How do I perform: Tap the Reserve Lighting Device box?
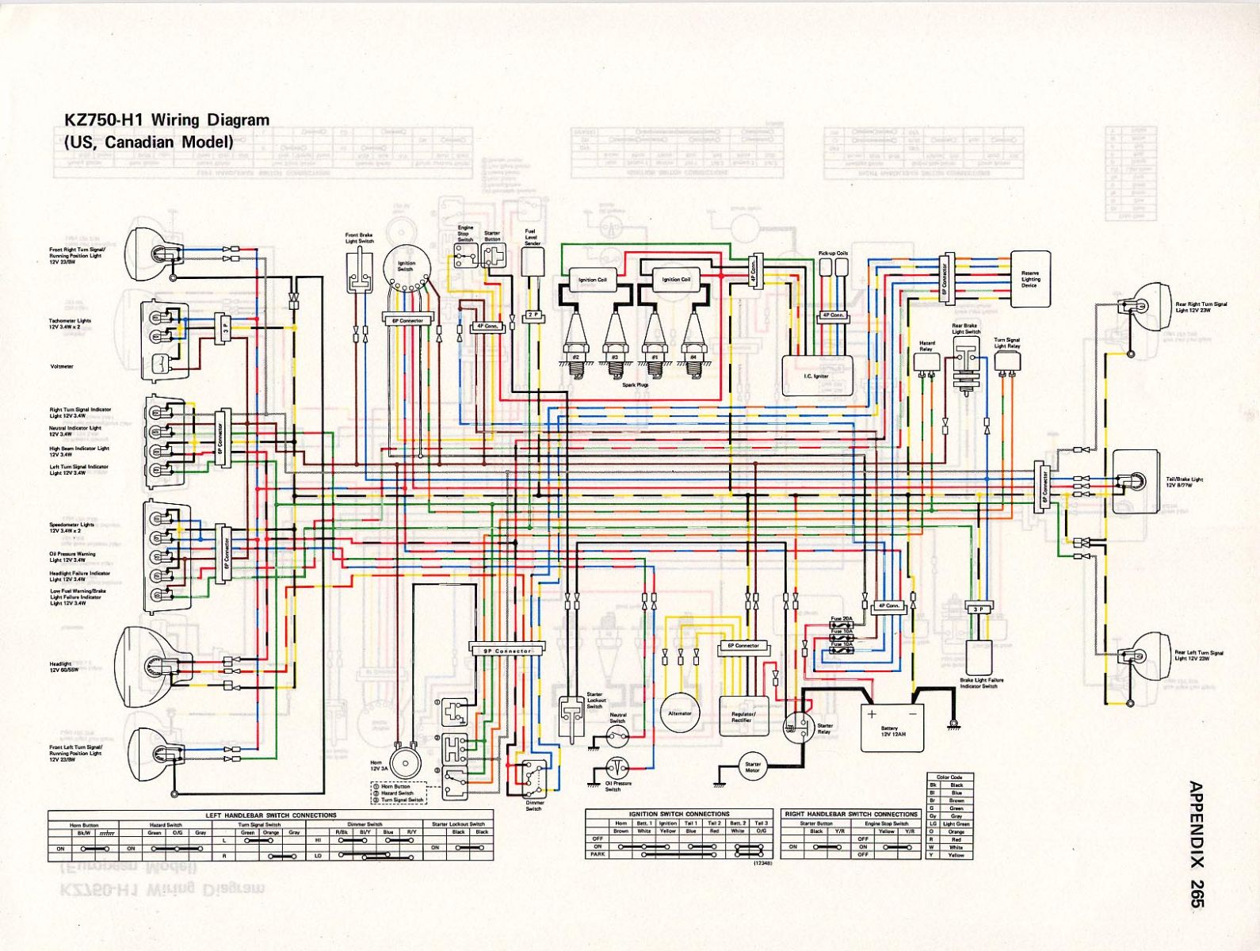click(x=1030, y=279)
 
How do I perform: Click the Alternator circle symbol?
click(x=680, y=713)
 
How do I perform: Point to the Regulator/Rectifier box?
click(x=743, y=717)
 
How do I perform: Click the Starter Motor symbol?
click(x=752, y=768)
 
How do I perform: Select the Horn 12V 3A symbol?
click(x=405, y=765)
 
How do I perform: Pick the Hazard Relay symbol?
click(x=926, y=361)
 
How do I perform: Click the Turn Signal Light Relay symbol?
click(x=1007, y=361)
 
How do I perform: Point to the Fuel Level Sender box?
click(x=532, y=262)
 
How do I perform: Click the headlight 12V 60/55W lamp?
click(x=153, y=662)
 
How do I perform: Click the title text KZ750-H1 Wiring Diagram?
click(x=166, y=120)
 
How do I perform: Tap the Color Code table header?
click(x=949, y=777)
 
